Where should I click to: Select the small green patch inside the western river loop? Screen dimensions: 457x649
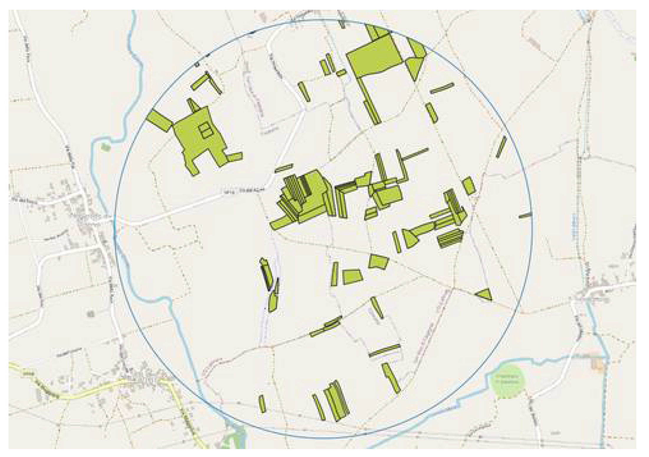[104, 146]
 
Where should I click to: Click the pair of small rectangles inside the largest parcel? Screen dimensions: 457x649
[206, 130]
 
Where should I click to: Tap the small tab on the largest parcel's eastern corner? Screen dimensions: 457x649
[235, 157]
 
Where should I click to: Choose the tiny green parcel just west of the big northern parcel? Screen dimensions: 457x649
[341, 73]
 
